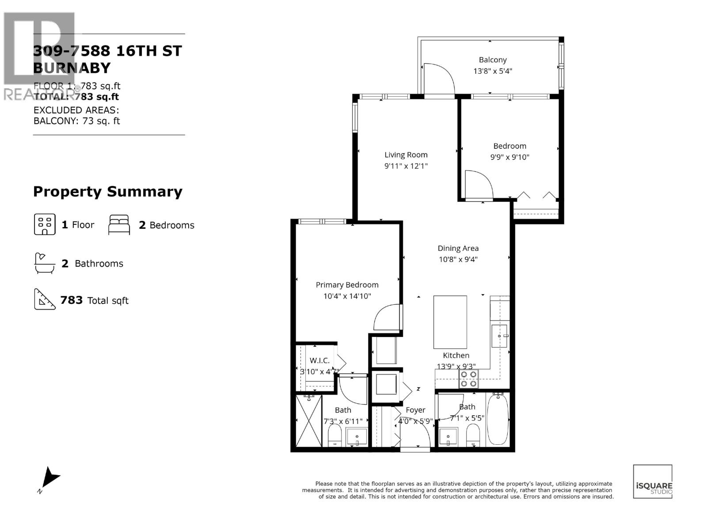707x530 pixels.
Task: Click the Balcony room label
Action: point(492,60)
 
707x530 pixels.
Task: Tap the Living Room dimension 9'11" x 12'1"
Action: point(406,166)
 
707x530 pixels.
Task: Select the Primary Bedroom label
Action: point(347,285)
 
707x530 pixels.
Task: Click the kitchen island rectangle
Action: point(450,322)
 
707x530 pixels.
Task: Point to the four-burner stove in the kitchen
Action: point(468,379)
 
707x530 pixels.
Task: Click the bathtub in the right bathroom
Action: point(498,419)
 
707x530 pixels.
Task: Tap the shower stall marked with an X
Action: point(309,420)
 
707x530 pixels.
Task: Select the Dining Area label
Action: point(458,248)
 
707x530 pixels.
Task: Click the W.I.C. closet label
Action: point(319,361)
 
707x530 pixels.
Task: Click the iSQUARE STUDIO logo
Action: point(653,481)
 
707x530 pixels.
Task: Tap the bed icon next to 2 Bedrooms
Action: point(119,225)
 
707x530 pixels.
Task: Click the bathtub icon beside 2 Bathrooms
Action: point(44,263)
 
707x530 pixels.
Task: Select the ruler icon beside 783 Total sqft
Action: point(44,300)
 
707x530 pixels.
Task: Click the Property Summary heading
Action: point(108,192)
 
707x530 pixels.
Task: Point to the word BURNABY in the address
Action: point(72,68)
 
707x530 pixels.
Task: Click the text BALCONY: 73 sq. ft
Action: point(77,121)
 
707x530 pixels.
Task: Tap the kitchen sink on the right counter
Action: point(500,337)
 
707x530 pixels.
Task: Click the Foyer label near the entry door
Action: point(415,410)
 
